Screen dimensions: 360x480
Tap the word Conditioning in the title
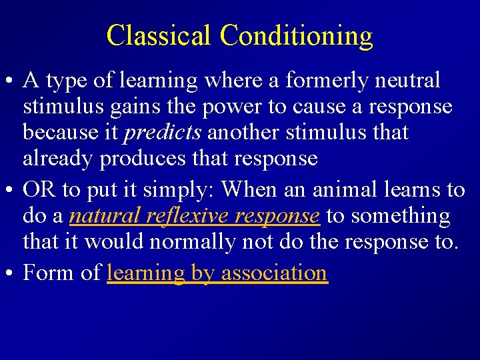[296, 36]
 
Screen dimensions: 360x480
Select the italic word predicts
[163, 133]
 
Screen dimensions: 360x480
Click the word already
[59, 159]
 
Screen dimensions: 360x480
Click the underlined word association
[274, 273]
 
